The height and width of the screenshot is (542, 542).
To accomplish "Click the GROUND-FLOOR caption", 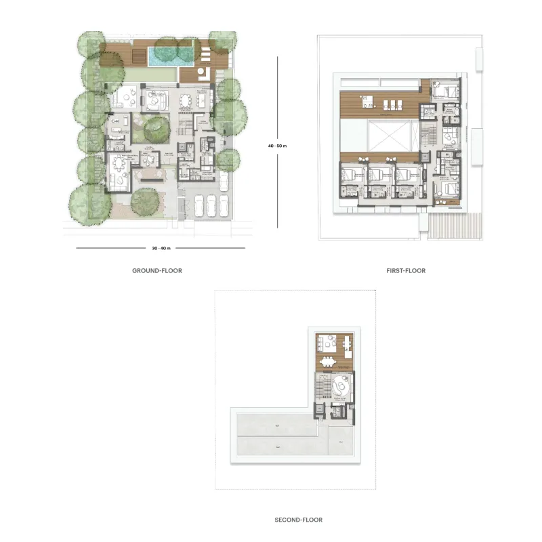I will tap(157, 270).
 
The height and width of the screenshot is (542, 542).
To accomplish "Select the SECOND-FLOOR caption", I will tap(298, 520).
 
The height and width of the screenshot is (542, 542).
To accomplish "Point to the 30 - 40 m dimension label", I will tap(161, 248).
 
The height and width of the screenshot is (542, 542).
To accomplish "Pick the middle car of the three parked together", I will tap(211, 205).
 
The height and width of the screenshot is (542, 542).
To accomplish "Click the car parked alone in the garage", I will tap(224, 180).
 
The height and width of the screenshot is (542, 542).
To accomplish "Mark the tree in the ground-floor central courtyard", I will tap(156, 127).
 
